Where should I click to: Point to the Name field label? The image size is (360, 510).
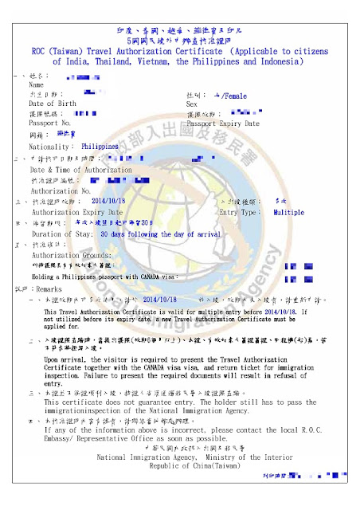tap(37, 84)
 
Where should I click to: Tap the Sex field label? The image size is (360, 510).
tap(191, 104)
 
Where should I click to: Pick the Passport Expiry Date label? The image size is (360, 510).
tap(223, 124)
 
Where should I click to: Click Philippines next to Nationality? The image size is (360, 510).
tap(100, 147)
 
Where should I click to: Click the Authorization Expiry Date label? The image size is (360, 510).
tap(77, 213)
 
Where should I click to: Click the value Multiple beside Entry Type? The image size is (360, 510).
tap(288, 213)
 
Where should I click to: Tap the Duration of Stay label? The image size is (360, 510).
tap(62, 235)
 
